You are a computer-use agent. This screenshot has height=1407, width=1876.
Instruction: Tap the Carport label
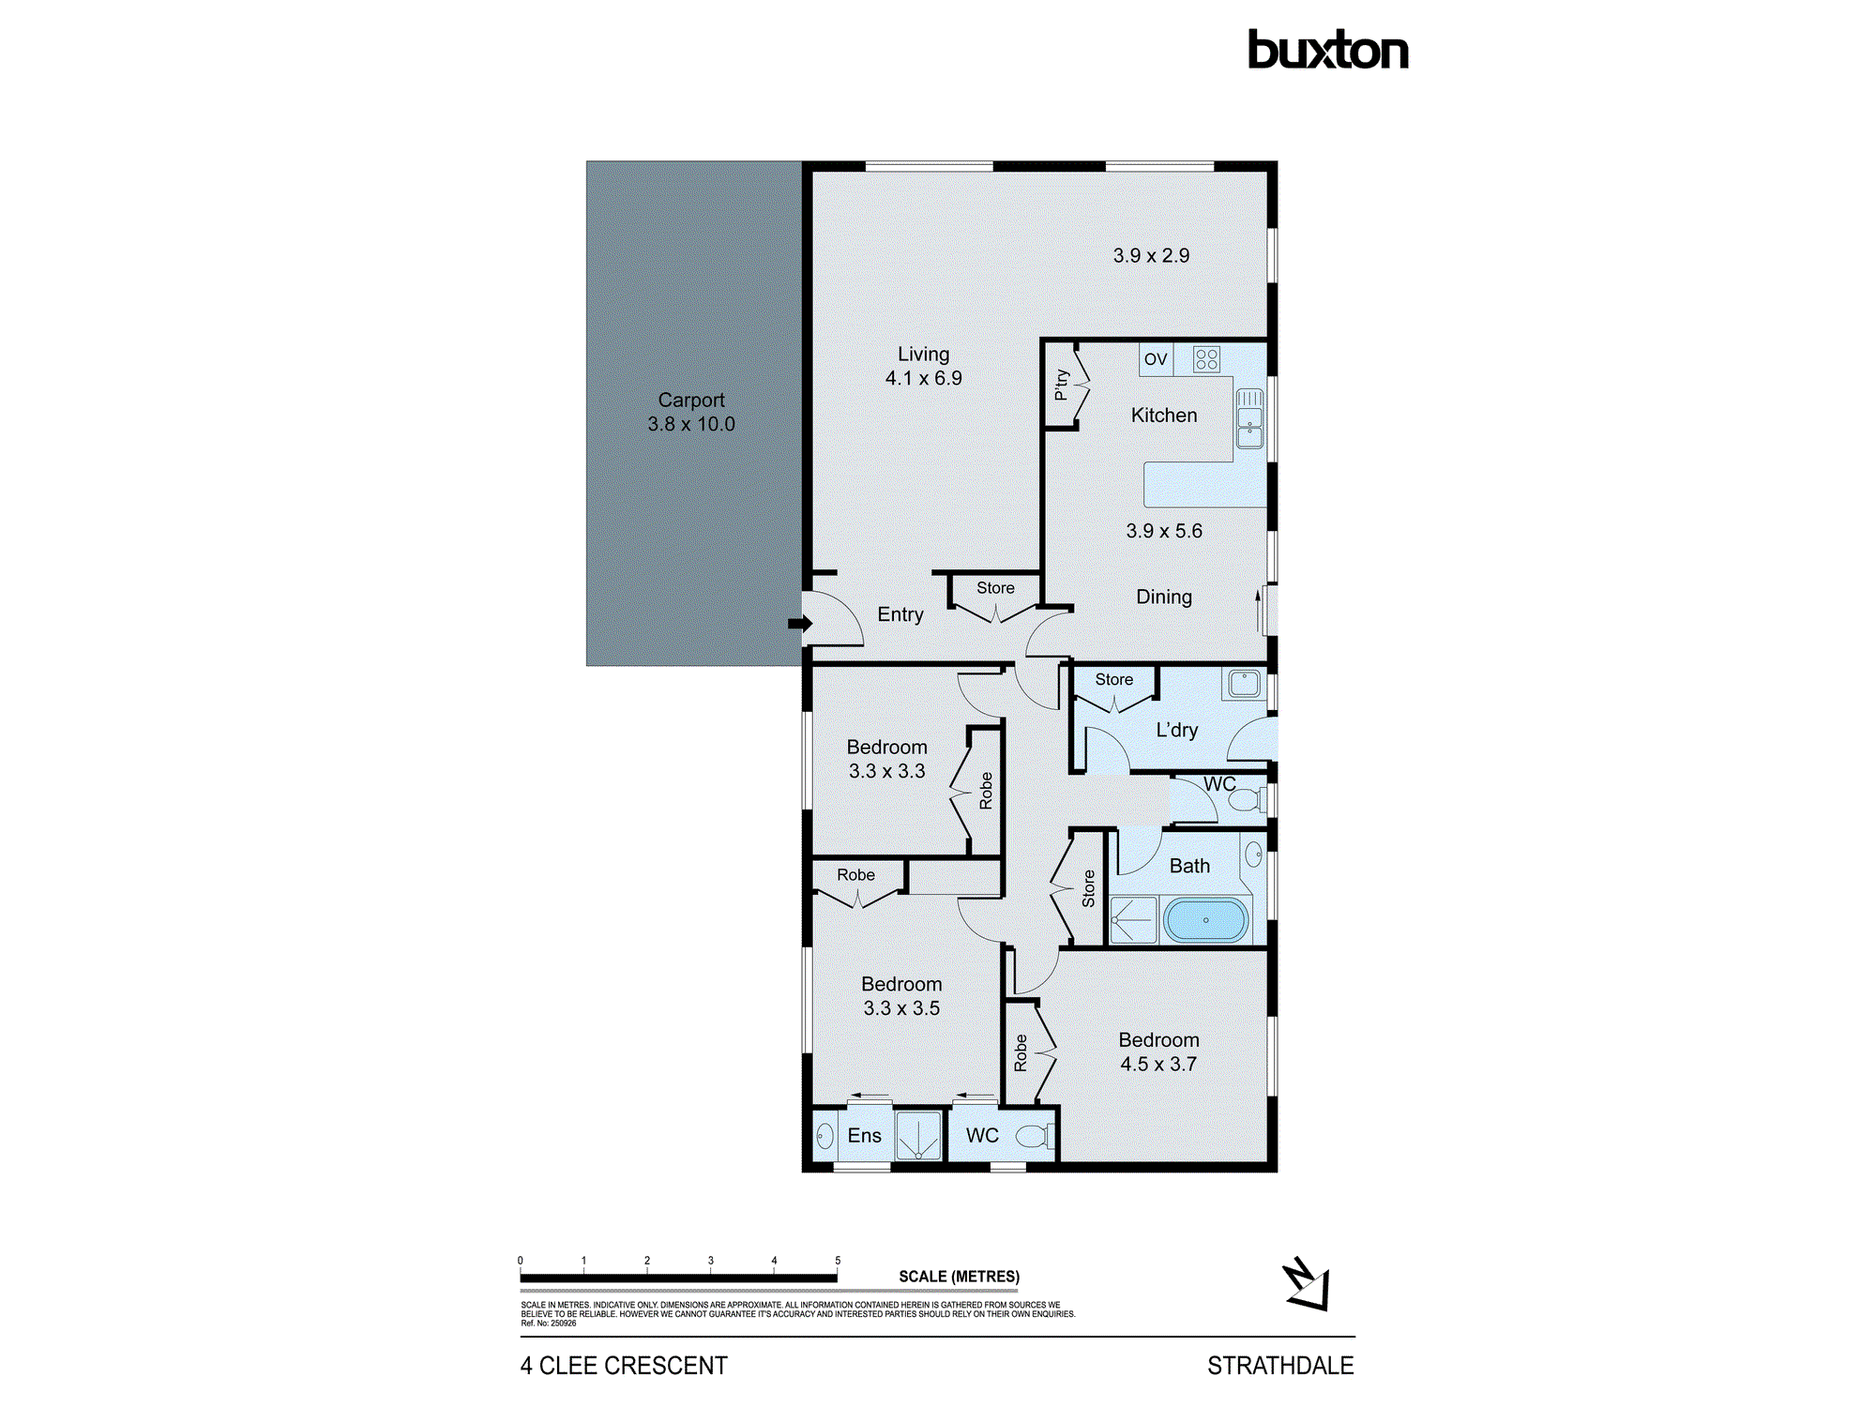click(x=691, y=401)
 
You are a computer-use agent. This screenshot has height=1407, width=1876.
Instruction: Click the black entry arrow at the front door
click(x=799, y=624)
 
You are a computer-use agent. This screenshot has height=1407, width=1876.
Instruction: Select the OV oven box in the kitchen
click(x=1156, y=359)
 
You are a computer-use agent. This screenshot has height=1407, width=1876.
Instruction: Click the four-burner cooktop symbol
click(x=1206, y=359)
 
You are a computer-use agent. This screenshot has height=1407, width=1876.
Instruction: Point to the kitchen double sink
click(x=1249, y=418)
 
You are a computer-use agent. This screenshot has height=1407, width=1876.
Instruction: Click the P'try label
click(x=1062, y=385)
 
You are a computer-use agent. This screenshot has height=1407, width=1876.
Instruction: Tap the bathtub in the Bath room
click(x=1205, y=920)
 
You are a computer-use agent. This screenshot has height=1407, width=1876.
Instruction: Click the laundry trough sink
click(x=1244, y=683)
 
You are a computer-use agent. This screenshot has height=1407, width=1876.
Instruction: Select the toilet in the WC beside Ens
click(x=1034, y=1137)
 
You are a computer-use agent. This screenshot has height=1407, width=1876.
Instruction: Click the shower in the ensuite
click(x=917, y=1136)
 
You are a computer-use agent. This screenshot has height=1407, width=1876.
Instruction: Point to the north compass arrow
click(x=1306, y=1285)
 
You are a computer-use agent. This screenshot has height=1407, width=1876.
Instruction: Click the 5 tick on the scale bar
click(x=838, y=1262)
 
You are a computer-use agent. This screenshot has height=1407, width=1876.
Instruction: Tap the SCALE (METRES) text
click(x=959, y=1277)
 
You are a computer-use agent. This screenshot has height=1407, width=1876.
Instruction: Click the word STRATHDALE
click(x=1279, y=1366)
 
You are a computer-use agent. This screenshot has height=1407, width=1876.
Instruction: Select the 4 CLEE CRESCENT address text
click(x=624, y=1366)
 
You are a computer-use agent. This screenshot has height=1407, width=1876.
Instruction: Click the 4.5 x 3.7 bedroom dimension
click(x=1158, y=1065)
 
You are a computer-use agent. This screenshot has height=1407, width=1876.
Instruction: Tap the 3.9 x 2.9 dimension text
click(x=1151, y=256)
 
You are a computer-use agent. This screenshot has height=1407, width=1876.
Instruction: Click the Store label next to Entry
click(x=995, y=588)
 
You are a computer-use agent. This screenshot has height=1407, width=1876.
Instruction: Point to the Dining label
click(x=1164, y=598)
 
